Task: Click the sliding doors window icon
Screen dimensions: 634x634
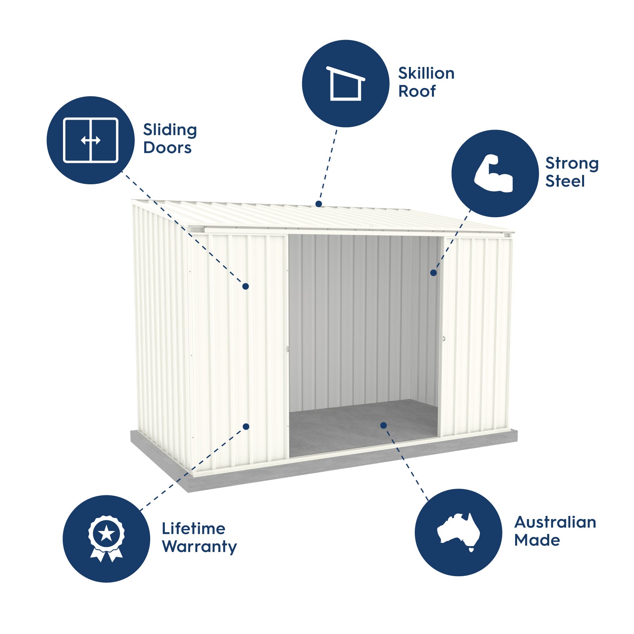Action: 91,140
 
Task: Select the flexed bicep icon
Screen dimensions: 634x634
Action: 494,174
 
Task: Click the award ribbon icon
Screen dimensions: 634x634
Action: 106,539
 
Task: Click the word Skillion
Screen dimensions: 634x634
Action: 426,73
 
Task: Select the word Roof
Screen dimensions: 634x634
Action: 417,91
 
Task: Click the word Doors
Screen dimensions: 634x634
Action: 167,148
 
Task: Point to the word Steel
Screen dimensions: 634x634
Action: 565,181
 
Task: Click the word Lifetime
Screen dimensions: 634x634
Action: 193,529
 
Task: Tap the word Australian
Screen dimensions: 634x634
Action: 555,522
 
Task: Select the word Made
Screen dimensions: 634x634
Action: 537,540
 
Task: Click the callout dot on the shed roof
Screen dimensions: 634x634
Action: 319,204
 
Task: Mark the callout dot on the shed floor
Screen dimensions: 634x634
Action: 383,425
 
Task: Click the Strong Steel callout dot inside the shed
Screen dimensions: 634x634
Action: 433,273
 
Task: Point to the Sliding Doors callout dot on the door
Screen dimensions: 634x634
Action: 245,286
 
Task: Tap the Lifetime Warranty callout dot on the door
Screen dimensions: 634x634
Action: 246,426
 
